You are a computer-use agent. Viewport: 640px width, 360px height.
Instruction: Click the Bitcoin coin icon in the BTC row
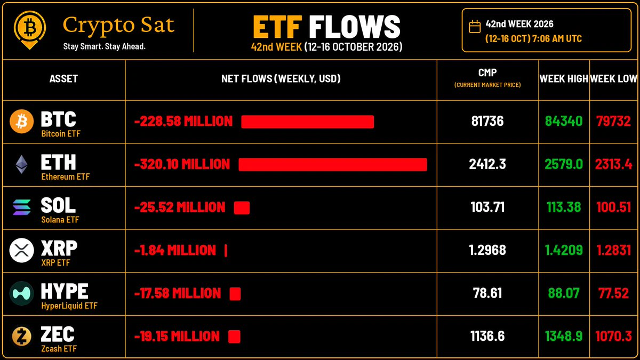click(22, 122)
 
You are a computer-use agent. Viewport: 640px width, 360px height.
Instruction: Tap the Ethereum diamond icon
click(21, 164)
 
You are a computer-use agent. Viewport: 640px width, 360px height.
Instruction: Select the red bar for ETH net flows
click(333, 165)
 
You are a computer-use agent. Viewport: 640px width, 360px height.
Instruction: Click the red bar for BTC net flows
click(307, 122)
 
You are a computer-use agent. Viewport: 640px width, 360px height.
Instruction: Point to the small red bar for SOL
click(242, 207)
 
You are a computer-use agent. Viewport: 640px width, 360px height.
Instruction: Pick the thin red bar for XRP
click(226, 251)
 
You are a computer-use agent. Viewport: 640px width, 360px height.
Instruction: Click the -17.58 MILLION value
click(178, 293)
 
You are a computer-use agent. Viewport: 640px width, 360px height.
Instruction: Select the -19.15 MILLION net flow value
click(177, 337)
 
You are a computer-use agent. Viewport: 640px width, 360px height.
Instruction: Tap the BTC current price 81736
click(487, 121)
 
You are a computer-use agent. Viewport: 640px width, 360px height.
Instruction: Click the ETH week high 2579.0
click(564, 164)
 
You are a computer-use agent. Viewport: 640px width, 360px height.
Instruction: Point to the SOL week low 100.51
click(614, 207)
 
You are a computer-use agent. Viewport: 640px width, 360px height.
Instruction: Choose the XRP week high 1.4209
click(564, 250)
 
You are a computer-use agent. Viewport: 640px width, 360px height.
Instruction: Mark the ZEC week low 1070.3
click(614, 336)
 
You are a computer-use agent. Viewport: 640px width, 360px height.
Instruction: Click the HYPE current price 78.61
click(487, 293)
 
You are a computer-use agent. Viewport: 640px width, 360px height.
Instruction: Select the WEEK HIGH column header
click(564, 78)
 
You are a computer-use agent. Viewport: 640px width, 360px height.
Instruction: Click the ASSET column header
click(63, 78)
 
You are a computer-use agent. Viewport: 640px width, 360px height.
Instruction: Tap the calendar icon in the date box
click(475, 27)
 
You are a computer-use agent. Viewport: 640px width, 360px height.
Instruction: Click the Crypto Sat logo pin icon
click(30, 30)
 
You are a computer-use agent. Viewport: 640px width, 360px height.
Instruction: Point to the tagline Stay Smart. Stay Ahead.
click(105, 46)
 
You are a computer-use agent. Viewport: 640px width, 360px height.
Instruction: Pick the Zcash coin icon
click(22, 336)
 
